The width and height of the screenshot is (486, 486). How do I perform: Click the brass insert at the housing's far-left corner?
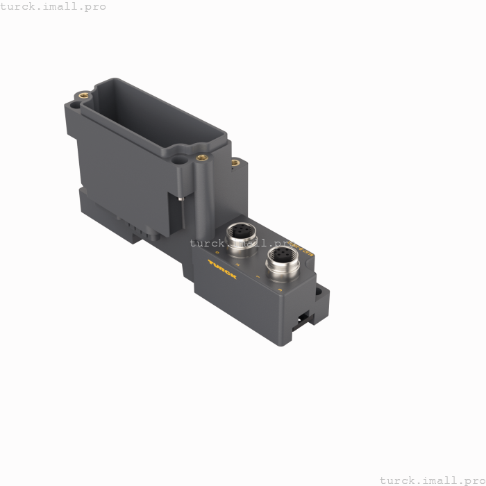(83, 92)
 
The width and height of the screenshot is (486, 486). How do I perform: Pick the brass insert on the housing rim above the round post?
(202, 157)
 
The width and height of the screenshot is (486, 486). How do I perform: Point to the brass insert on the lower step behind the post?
(235, 163)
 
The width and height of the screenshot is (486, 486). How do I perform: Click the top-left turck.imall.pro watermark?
(53, 6)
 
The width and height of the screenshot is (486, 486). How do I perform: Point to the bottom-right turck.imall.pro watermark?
(432, 480)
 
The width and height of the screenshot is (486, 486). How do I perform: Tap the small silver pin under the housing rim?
(179, 199)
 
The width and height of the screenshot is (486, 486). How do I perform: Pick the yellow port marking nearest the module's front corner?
(258, 278)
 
